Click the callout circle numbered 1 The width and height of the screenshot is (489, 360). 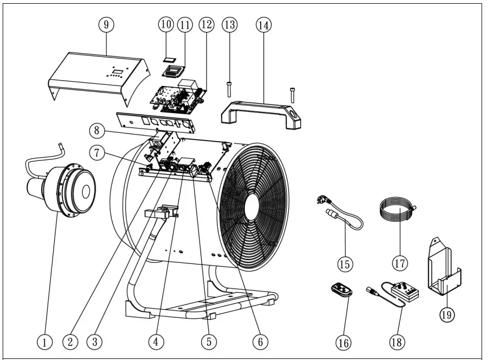click(45, 342)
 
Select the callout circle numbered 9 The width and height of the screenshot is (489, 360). click(106, 25)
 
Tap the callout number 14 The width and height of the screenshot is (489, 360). click(263, 25)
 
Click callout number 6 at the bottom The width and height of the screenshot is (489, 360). click(260, 342)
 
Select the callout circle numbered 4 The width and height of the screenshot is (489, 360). click(155, 342)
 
